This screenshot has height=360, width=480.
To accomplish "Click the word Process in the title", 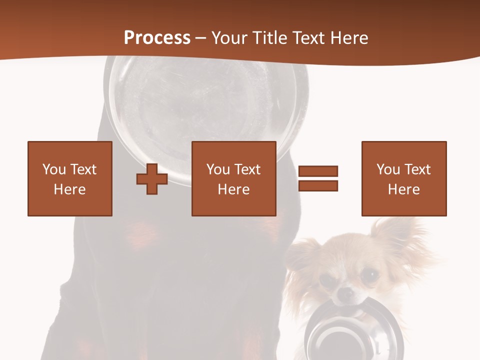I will [157, 38].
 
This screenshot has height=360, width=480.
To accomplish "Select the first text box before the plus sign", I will [70, 178].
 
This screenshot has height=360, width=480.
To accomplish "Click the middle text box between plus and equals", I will [233, 178].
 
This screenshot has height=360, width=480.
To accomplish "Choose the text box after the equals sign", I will [403, 178].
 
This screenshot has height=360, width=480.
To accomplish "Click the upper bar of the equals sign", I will [318, 171].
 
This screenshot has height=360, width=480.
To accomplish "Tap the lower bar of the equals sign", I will [318, 185].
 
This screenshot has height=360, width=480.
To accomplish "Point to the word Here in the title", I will [350, 38].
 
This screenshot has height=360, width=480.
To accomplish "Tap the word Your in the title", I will [229, 38].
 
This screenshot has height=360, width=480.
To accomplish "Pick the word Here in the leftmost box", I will [70, 189].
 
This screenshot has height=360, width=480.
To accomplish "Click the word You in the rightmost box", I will [388, 169].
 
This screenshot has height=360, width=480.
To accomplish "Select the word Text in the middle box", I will [248, 169].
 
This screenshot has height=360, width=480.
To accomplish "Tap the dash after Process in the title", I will [201, 38].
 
